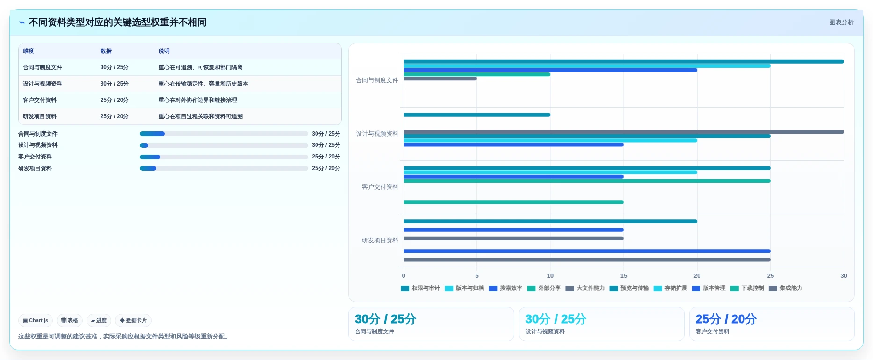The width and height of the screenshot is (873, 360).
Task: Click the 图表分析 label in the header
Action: tap(841, 22)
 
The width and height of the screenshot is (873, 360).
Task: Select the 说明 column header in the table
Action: tap(164, 51)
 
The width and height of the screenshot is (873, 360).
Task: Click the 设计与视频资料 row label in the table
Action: tap(43, 84)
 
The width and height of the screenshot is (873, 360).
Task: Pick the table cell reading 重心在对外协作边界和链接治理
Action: tap(197, 100)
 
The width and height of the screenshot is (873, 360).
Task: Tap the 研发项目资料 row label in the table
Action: tap(40, 116)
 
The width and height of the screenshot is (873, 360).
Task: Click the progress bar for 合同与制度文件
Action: tap(224, 134)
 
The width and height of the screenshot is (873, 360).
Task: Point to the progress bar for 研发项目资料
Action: tap(224, 168)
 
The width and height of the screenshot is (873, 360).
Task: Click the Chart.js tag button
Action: tap(36, 320)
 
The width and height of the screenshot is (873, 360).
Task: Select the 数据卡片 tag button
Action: tap(133, 320)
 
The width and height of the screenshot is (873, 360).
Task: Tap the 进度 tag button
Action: tap(99, 320)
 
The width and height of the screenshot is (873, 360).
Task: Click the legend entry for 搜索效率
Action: tap(505, 288)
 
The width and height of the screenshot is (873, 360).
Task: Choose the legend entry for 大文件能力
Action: tap(585, 288)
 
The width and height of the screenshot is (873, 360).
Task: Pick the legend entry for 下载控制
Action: tap(747, 288)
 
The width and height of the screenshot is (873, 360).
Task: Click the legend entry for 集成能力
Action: tap(785, 288)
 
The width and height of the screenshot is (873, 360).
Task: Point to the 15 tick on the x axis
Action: tap(624, 276)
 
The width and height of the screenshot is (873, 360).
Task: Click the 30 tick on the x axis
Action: tap(844, 276)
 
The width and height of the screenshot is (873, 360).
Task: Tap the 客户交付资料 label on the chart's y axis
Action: tap(380, 187)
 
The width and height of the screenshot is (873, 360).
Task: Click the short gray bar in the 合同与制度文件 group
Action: tap(440, 79)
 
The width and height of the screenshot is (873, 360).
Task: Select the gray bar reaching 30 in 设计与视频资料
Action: tap(623, 132)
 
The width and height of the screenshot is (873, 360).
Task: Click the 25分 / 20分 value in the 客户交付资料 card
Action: tap(726, 319)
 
